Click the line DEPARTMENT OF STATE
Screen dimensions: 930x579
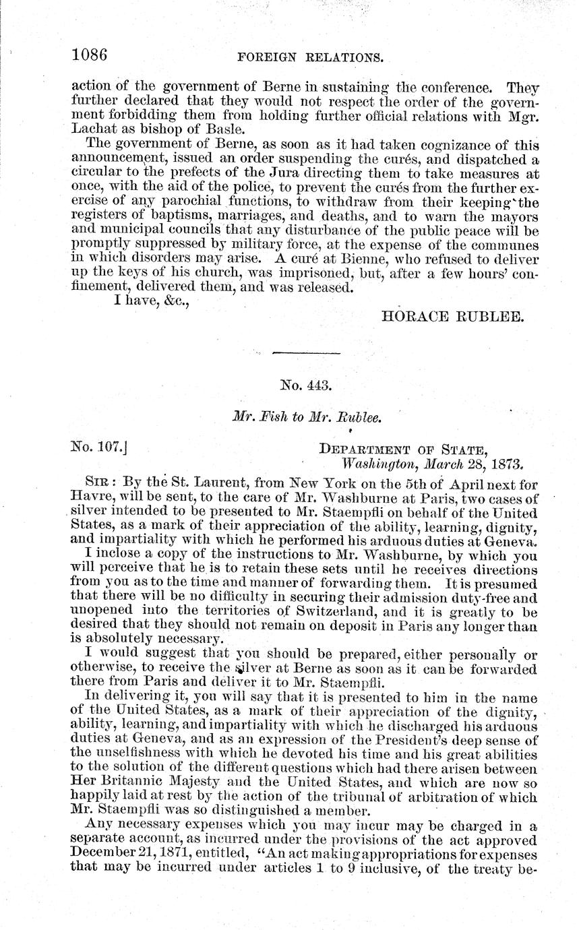click(x=403, y=447)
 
